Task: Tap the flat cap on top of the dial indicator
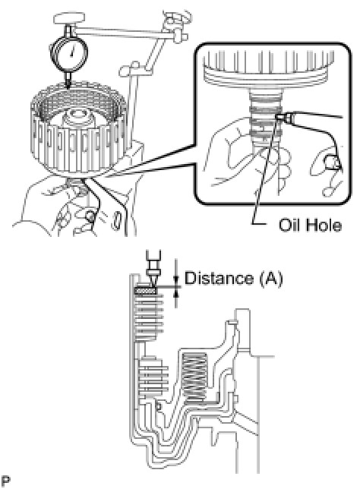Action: tap(69, 18)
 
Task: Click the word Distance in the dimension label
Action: tap(219, 278)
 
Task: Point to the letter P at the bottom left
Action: tap(5, 481)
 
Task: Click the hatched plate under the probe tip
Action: tap(145, 290)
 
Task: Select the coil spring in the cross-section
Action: tap(194, 378)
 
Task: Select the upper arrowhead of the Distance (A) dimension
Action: tap(177, 279)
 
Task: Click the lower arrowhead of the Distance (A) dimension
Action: tap(177, 292)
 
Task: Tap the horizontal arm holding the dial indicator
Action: tap(125, 32)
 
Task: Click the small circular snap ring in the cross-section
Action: tap(158, 406)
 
